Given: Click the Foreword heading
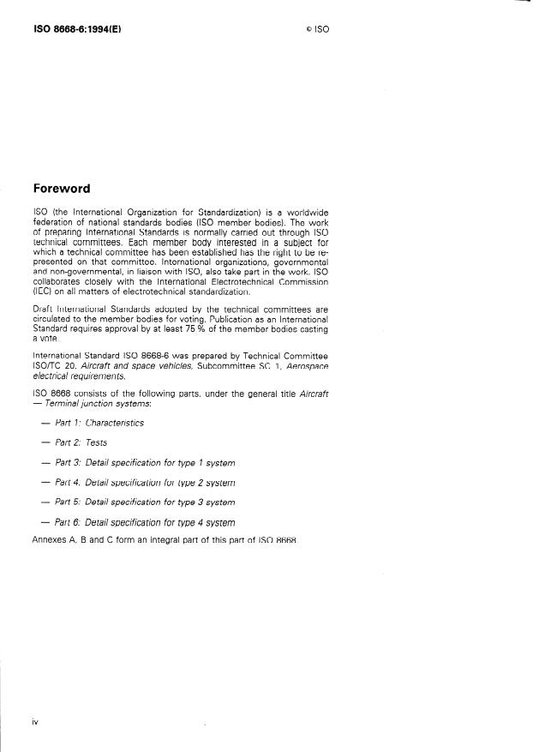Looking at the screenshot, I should [x=61, y=189].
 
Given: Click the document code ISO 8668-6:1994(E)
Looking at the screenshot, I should [x=76, y=27].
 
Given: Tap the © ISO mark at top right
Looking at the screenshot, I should [x=317, y=28].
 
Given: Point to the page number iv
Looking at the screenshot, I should [x=35, y=722].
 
